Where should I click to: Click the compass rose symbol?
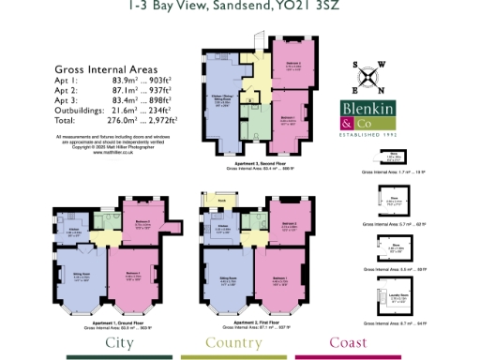pyautogui.click(x=367, y=79)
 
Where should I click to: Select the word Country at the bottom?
pyautogui.click(x=238, y=342)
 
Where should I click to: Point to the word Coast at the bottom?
pyautogui.click(x=349, y=342)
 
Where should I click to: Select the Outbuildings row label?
pyautogui.click(x=81, y=112)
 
